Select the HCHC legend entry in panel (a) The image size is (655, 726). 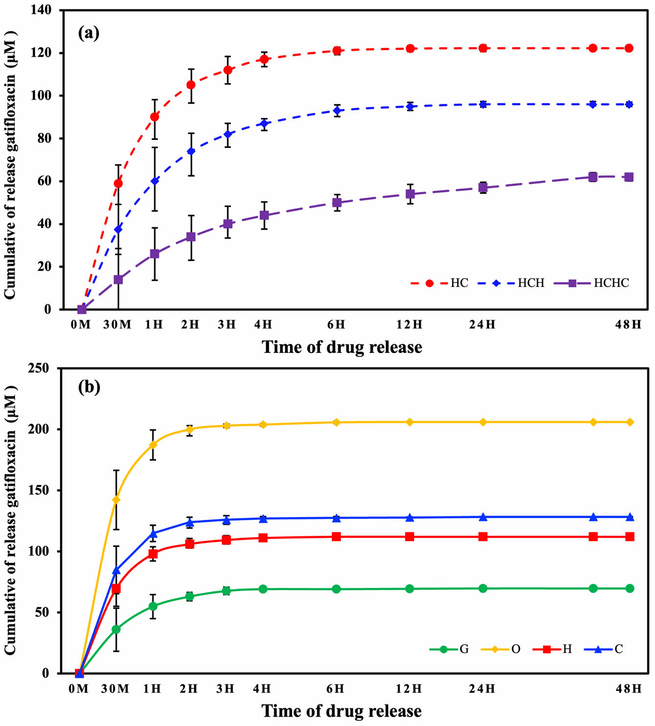(x=592, y=283)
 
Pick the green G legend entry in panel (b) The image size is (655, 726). (x=449, y=649)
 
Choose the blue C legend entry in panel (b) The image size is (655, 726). (x=603, y=649)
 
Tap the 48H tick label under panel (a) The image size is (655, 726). (x=629, y=325)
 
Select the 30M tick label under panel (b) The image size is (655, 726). (x=115, y=689)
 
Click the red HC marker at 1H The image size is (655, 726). (x=155, y=117)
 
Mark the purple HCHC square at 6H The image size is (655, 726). (x=337, y=202)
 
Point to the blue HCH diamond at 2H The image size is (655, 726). (x=191, y=151)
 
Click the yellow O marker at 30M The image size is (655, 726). (x=116, y=500)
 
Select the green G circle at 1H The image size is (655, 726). (x=153, y=606)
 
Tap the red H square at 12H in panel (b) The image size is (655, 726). (x=409, y=537)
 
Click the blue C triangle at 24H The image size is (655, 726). (x=483, y=517)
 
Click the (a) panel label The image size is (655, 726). (x=89, y=33)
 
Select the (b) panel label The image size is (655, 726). (x=89, y=387)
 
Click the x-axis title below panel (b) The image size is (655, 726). (x=341, y=711)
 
